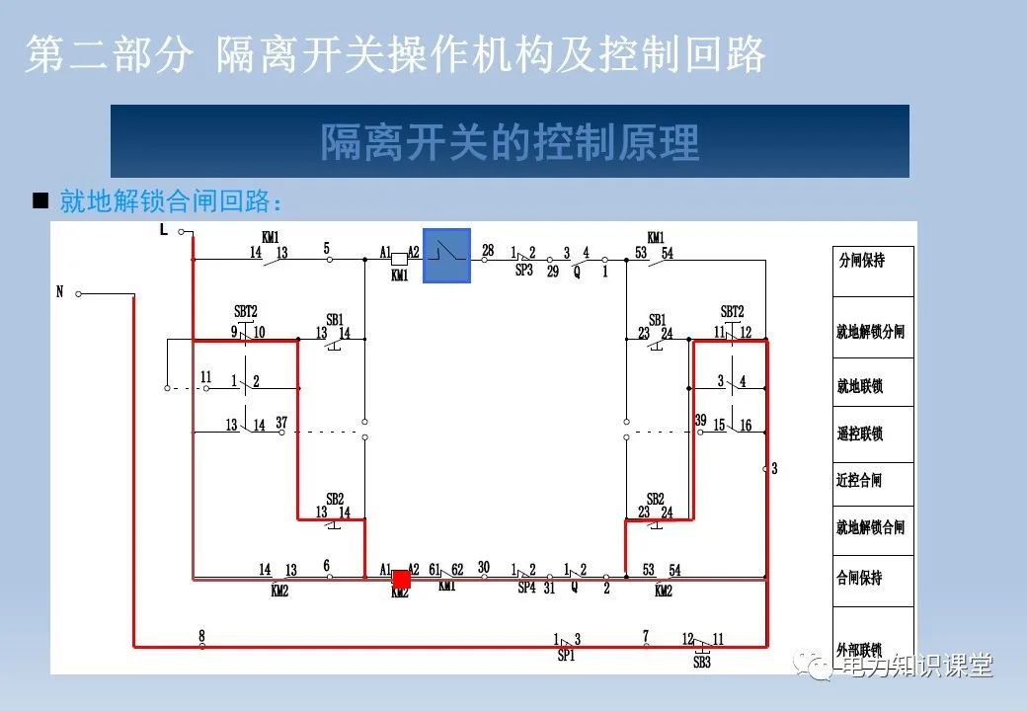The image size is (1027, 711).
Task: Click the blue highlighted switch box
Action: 446,255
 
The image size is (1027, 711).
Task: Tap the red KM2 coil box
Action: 401,580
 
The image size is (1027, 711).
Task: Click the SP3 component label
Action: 523,270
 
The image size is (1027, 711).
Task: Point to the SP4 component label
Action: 526,588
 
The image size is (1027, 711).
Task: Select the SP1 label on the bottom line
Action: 566,655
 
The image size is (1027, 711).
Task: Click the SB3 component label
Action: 701,662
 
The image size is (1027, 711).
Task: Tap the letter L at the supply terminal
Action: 164,230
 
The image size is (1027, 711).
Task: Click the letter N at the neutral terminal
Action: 60,292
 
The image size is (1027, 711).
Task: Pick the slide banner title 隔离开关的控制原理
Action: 510,142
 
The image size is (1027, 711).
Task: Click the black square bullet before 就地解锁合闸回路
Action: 40,201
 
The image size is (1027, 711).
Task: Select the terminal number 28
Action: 488,250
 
